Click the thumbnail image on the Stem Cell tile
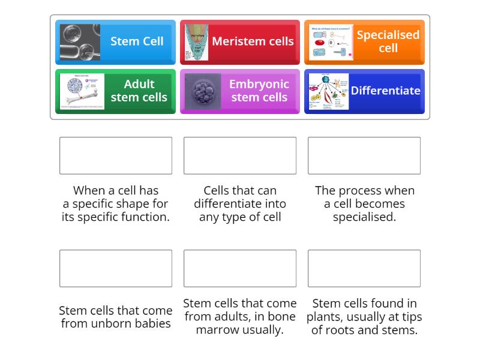80,42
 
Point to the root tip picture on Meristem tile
196,42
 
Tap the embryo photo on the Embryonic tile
202,91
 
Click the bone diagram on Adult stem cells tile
82,91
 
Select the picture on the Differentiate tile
328,91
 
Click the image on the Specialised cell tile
331,42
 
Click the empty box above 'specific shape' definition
116,155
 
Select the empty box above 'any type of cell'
240,155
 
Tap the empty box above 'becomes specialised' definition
364,155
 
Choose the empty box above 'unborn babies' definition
116,268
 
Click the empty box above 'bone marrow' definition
240,268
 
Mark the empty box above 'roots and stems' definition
364,268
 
